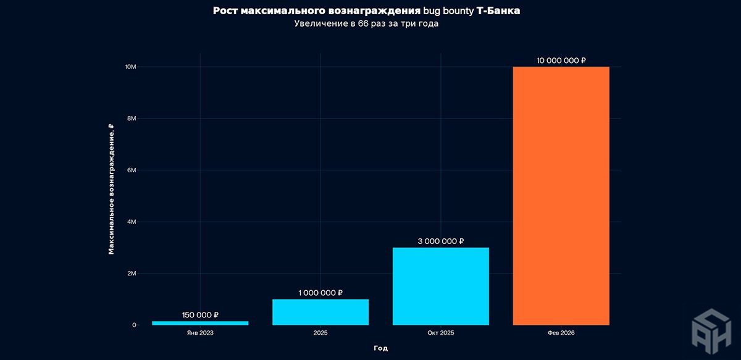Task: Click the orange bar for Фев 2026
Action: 561,196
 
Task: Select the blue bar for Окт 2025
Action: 441,286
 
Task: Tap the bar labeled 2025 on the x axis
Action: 320,312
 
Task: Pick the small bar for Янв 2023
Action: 200,323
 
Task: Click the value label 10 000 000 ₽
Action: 561,61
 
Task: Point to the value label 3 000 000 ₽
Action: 441,241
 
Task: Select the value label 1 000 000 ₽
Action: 320,293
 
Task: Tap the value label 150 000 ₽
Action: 200,315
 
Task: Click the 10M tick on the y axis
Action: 130,67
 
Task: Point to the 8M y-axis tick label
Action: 131,119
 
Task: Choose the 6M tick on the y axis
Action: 131,170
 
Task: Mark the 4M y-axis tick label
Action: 131,222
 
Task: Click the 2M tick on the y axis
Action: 131,274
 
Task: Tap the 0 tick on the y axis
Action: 134,325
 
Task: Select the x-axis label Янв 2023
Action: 200,333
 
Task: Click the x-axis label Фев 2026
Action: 561,333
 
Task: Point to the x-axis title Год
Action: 380,348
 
